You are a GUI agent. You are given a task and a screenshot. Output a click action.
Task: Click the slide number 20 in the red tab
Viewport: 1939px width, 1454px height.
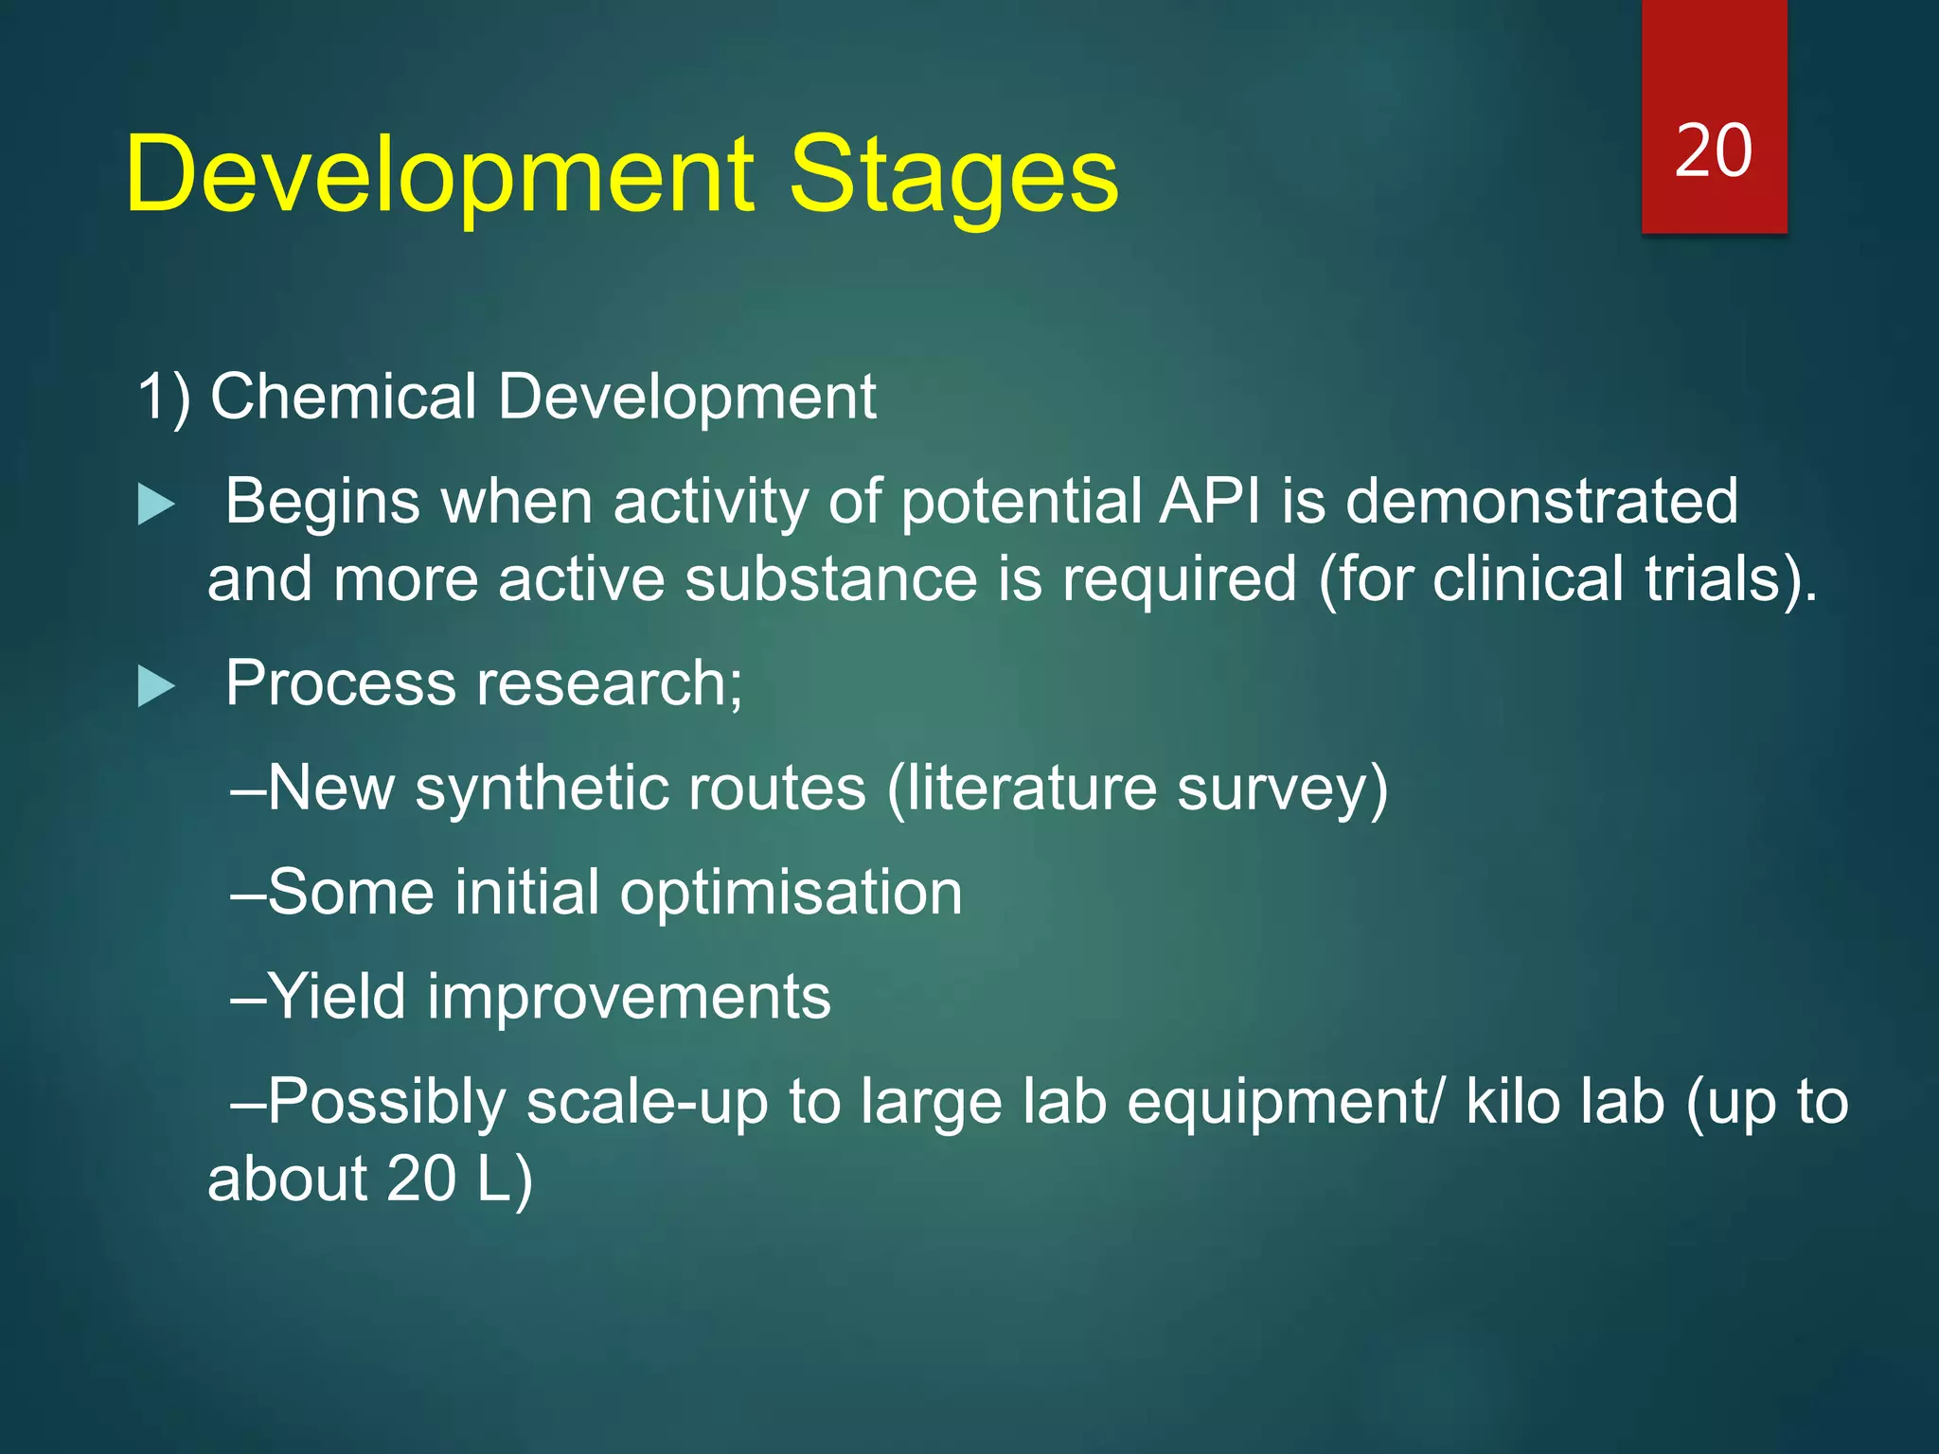[1713, 151]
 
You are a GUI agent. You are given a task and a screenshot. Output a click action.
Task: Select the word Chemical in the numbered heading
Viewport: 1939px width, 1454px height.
[343, 397]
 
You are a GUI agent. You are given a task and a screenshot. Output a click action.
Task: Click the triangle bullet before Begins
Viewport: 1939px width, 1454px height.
[156, 505]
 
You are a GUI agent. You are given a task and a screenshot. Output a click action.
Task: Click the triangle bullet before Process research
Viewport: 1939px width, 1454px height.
[156, 686]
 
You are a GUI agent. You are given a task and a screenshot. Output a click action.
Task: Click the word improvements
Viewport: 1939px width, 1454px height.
[629, 997]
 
